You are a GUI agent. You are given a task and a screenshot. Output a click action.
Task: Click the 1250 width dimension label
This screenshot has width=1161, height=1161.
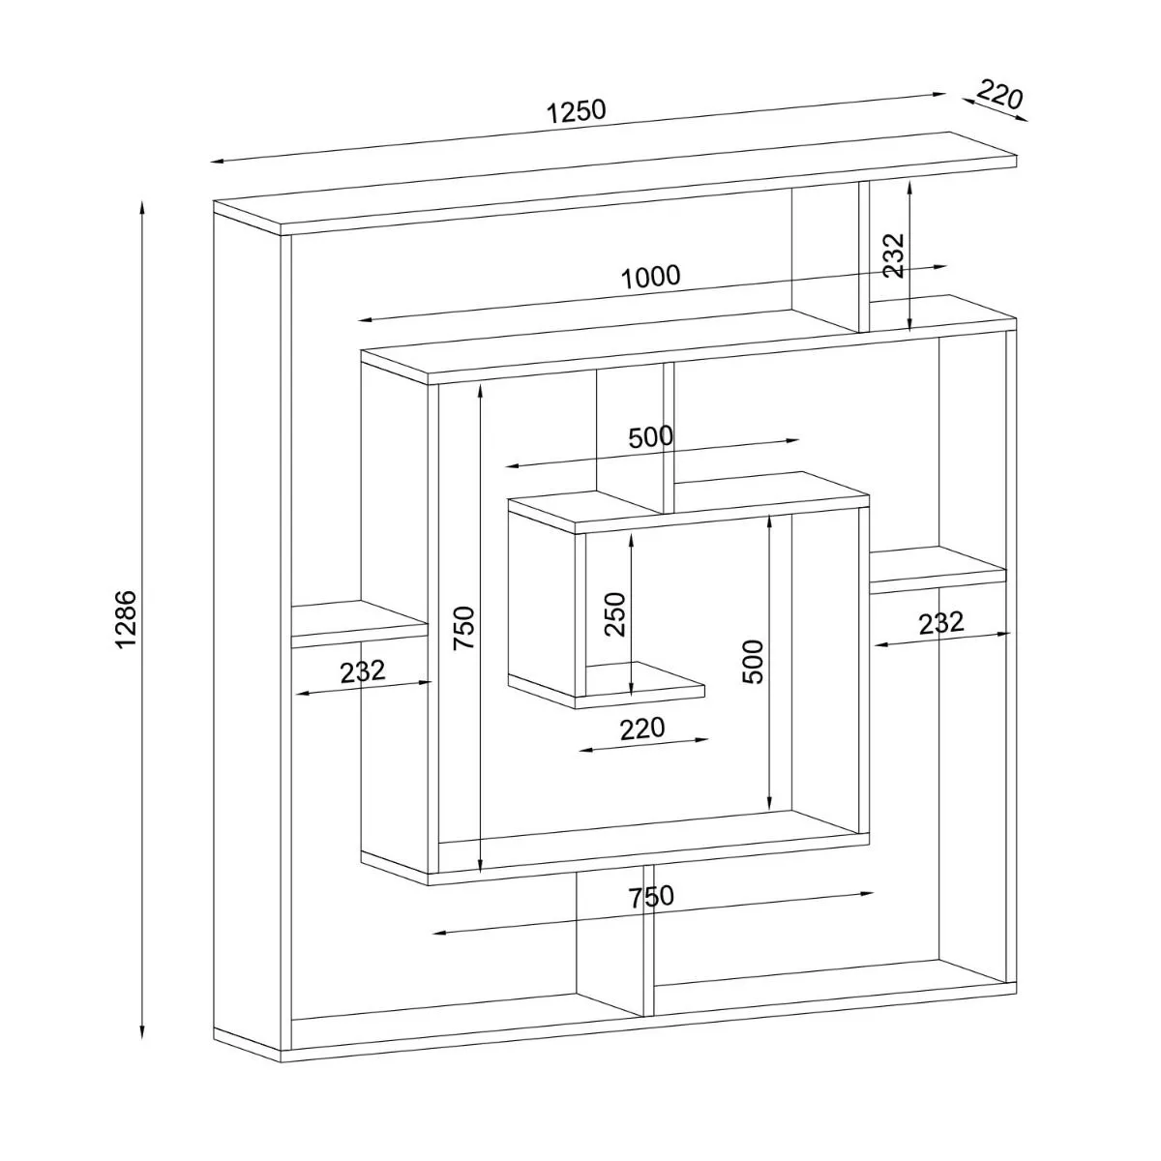577,110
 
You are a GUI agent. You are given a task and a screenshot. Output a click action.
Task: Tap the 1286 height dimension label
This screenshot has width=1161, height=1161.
128,619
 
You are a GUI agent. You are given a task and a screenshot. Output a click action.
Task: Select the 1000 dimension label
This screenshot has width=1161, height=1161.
650,278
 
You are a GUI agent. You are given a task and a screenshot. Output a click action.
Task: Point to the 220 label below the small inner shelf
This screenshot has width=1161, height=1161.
642,728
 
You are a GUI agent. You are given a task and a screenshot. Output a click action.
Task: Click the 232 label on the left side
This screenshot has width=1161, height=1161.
363,670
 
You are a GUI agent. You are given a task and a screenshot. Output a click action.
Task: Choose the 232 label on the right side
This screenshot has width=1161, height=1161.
941,622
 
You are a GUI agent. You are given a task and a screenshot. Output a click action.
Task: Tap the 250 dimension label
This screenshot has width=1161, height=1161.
615,613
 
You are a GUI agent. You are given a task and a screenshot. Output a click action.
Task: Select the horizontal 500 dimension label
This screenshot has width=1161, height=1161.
650,437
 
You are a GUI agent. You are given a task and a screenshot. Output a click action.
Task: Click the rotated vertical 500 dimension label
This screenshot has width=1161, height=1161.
753,662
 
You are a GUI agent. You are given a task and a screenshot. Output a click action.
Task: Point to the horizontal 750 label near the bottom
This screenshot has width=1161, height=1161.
651,897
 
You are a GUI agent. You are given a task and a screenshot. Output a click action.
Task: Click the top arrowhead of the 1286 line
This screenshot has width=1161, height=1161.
143,206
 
